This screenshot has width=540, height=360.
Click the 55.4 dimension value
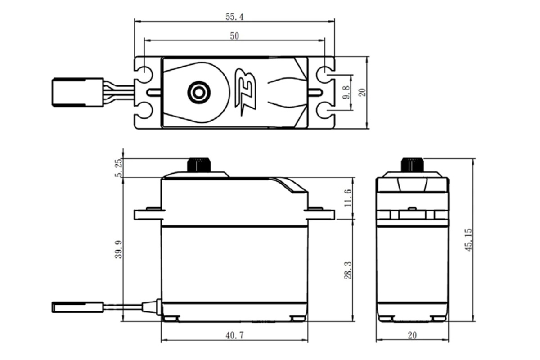pyautogui.click(x=234, y=17)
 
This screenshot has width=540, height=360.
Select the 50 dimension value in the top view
pyautogui.click(x=234, y=36)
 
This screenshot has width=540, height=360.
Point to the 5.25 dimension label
pyautogui.click(x=119, y=168)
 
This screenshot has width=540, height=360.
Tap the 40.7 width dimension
pyautogui.click(x=234, y=335)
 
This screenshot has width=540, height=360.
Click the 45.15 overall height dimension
pyautogui.click(x=469, y=240)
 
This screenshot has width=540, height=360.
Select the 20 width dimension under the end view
pyautogui.click(x=412, y=335)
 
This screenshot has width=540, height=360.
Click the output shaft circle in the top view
pyautogui.click(x=198, y=92)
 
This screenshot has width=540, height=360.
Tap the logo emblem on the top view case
pyautogui.click(x=246, y=92)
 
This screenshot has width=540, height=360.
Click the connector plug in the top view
pyautogui.click(x=78, y=92)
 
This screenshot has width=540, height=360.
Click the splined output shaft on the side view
pyautogui.click(x=199, y=164)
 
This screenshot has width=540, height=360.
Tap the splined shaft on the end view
pyautogui.click(x=412, y=164)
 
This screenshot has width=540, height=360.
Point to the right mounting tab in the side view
pyautogui.click(x=320, y=213)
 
